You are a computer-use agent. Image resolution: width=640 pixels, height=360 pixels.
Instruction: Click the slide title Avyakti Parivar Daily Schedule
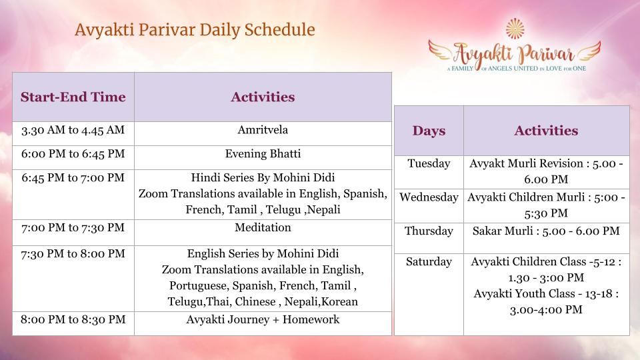click(195, 30)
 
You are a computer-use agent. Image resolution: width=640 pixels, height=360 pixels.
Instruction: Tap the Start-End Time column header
click(73, 97)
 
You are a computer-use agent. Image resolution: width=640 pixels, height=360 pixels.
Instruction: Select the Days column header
click(429, 131)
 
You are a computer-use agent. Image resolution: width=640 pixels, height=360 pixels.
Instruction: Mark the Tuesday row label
click(429, 164)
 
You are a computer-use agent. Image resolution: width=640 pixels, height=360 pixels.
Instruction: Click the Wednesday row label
click(429, 197)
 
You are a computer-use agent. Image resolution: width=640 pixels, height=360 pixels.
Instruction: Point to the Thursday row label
click(429, 231)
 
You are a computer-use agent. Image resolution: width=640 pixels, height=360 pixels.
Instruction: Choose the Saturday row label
click(429, 261)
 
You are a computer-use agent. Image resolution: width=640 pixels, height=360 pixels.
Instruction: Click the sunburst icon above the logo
click(515, 29)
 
